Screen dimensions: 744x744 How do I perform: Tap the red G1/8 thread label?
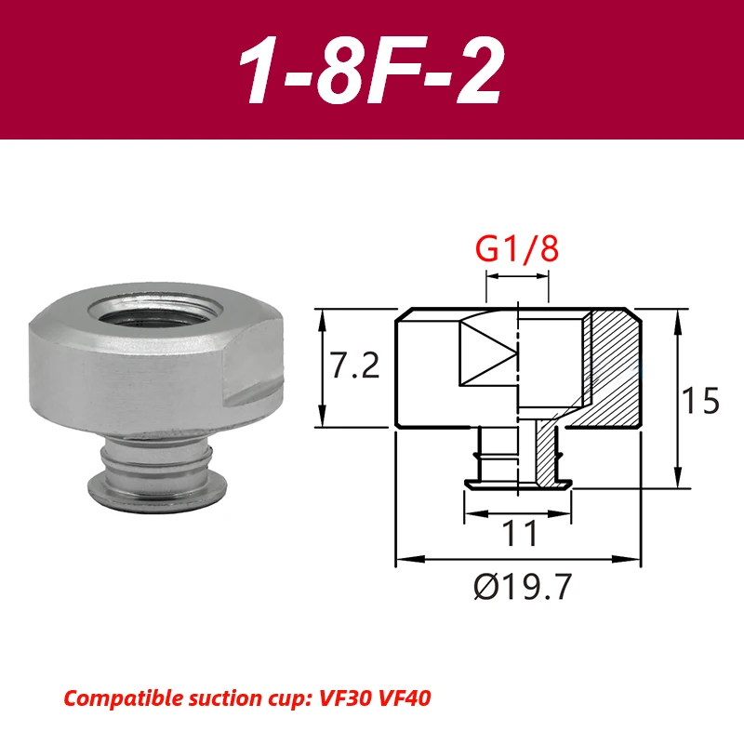click(x=518, y=252)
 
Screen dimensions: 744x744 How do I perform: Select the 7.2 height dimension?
click(x=355, y=367)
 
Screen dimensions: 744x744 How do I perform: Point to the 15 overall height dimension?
click(x=700, y=401)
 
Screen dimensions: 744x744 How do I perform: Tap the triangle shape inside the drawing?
click(x=488, y=354)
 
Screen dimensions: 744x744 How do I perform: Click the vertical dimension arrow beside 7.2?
click(x=323, y=367)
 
